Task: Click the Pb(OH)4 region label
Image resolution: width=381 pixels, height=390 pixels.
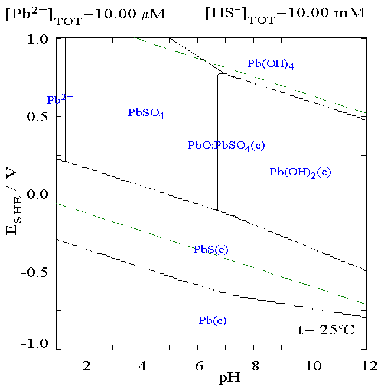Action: (x=271, y=65)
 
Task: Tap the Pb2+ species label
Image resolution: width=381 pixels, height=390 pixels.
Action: (x=60, y=99)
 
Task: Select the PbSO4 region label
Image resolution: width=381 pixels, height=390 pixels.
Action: (x=146, y=113)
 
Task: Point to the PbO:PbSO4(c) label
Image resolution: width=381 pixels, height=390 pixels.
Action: (x=226, y=146)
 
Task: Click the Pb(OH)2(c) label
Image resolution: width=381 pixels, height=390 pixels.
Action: (x=300, y=172)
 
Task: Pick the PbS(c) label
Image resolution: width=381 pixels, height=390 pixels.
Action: (x=211, y=249)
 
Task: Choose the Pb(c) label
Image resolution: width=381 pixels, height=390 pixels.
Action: (x=213, y=320)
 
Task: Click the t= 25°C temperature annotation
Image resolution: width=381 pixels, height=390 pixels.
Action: (x=327, y=330)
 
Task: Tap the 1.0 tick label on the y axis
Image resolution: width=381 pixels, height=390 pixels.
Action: (x=38, y=39)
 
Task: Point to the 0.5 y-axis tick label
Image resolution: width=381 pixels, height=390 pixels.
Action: (x=37, y=117)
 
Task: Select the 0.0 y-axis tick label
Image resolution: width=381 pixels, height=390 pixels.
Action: (x=37, y=194)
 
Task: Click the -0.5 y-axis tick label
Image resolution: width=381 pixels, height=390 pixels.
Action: (x=34, y=272)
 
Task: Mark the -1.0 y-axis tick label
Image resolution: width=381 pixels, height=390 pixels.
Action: (x=34, y=344)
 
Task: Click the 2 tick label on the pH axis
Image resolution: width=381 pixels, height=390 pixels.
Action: (x=86, y=366)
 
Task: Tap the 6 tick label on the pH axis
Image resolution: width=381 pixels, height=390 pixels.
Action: (x=199, y=366)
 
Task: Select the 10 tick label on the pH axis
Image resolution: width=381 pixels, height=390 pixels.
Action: (x=313, y=366)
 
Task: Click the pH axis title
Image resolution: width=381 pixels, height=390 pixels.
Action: (x=230, y=378)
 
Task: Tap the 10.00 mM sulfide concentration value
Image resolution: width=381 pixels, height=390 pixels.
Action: (x=327, y=13)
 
